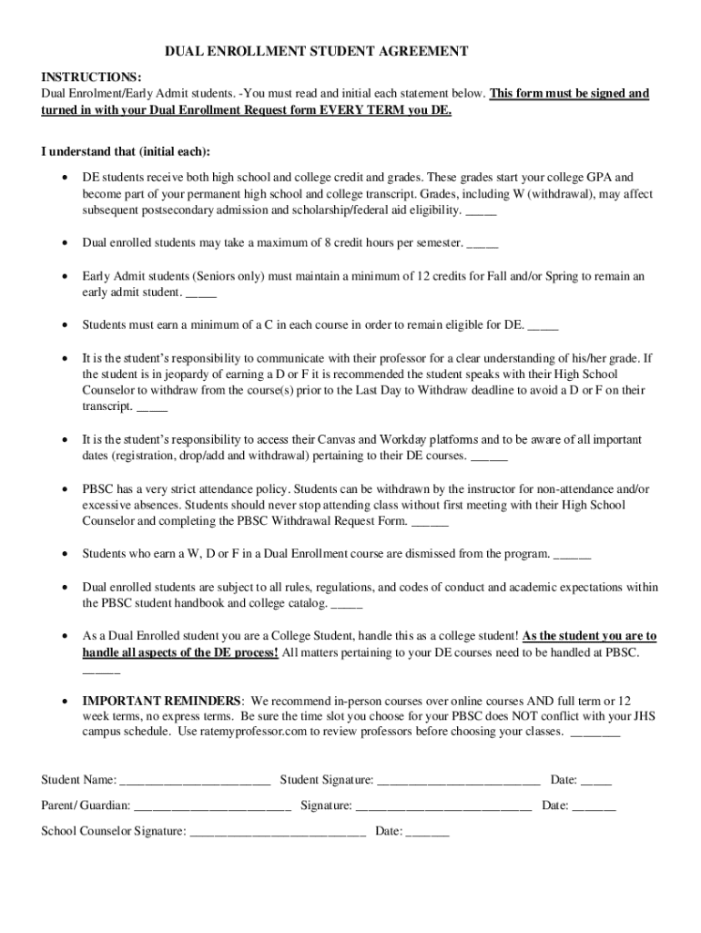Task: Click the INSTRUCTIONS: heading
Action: pyautogui.click(x=91, y=77)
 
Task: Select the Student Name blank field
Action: pyautogui.click(x=195, y=780)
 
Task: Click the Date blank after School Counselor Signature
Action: pyautogui.click(x=427, y=831)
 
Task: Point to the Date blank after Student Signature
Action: pyautogui.click(x=596, y=780)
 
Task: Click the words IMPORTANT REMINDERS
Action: pyautogui.click(x=162, y=701)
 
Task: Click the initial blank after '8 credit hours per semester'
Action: pyautogui.click(x=483, y=243)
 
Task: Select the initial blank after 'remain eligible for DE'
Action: pyautogui.click(x=543, y=324)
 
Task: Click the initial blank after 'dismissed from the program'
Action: pyautogui.click(x=572, y=553)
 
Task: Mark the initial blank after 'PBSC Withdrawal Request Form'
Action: pyautogui.click(x=430, y=522)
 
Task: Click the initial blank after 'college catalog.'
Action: pyautogui.click(x=347, y=603)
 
